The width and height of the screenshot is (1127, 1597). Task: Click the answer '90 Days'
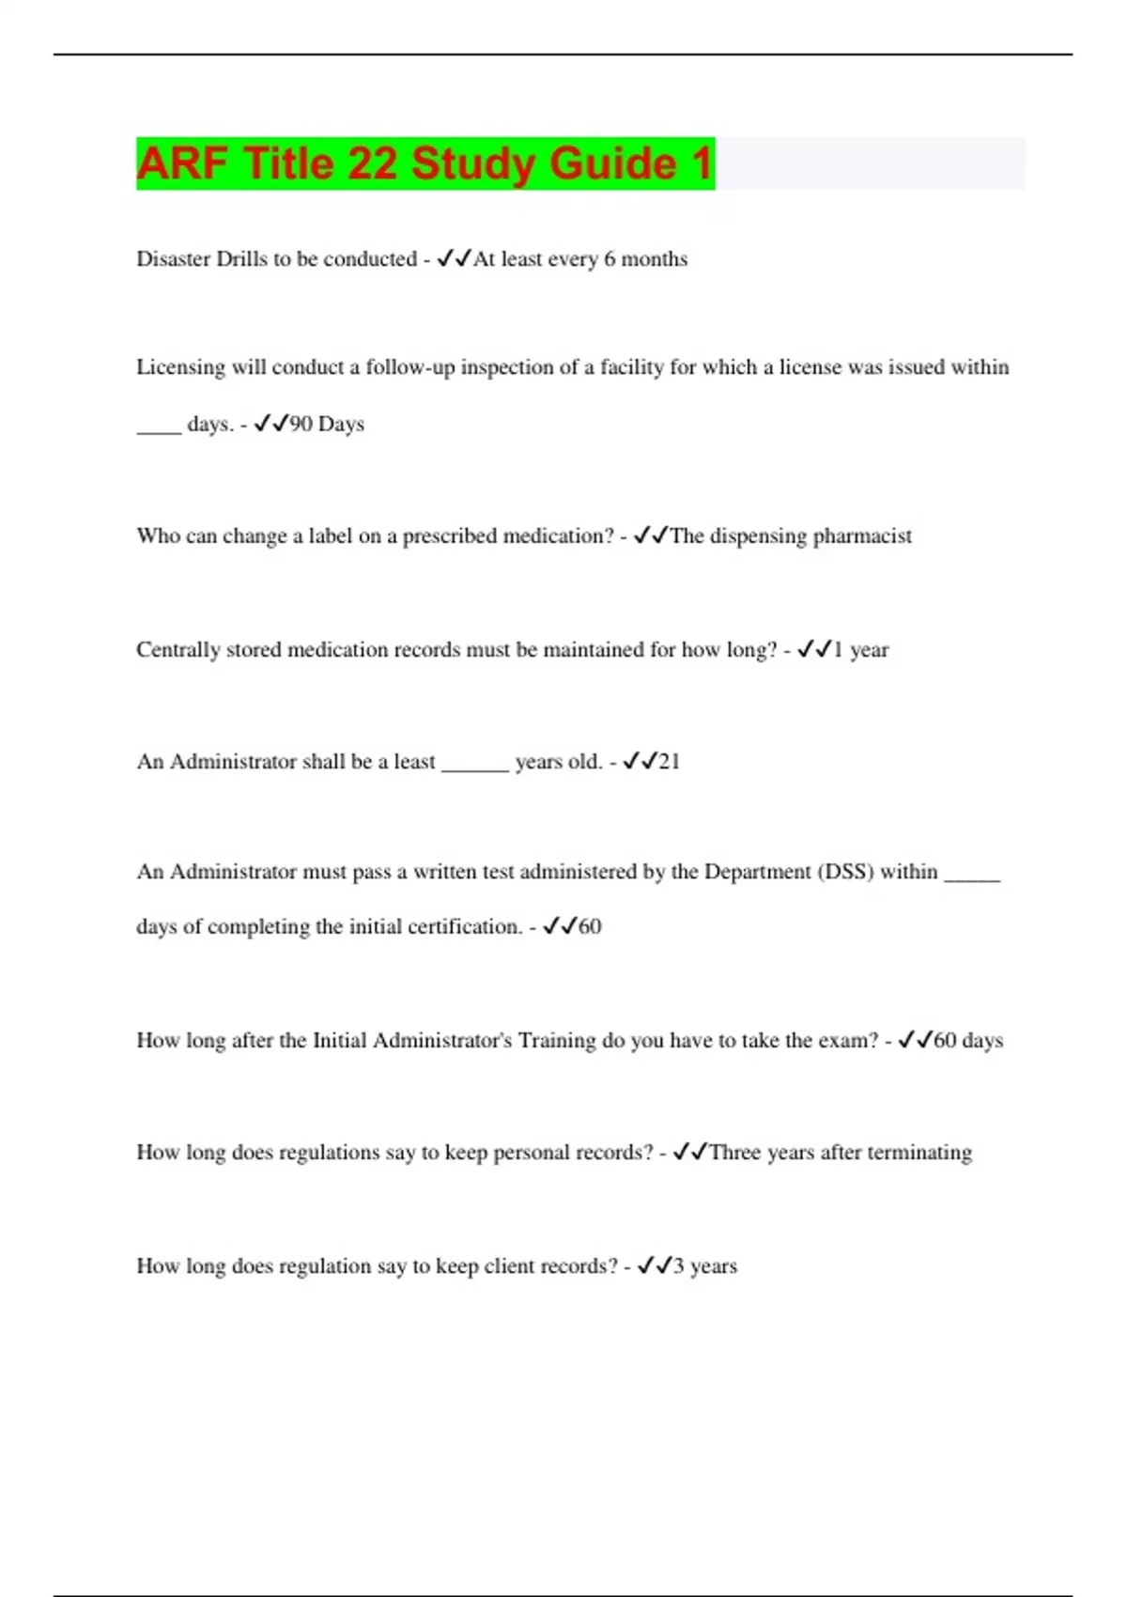327,425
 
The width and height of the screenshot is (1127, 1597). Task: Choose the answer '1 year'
860,650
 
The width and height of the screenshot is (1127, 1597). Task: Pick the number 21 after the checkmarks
669,762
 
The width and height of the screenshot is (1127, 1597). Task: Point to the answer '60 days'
968,1041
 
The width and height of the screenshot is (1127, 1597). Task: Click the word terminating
919,1153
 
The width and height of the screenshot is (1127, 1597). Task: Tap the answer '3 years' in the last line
704,1266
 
